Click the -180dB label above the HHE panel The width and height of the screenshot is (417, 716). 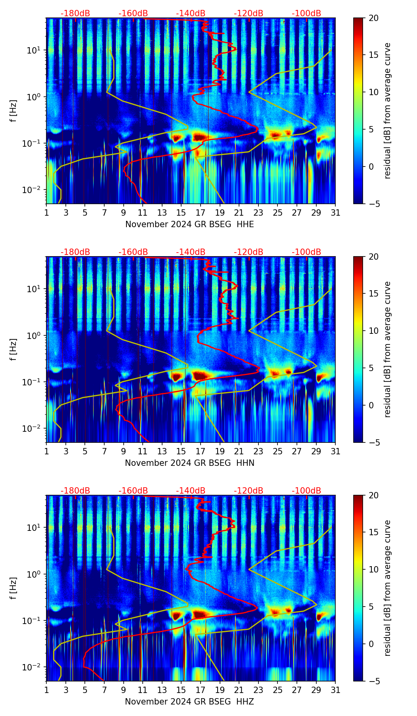pos(75,13)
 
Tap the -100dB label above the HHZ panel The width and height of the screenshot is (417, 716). pos(306,491)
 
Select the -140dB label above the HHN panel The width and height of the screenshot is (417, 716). pos(191,252)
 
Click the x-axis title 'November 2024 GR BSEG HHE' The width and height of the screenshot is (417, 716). pos(189,224)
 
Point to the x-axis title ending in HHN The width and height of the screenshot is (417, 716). pos(189,463)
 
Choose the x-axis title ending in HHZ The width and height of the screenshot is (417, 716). pos(189,702)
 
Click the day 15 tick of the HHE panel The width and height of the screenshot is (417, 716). pos(181,213)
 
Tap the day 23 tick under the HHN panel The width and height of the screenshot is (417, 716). pos(258,452)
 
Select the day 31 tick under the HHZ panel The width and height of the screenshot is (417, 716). pos(335,690)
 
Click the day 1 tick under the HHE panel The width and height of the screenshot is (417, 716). pos(46,213)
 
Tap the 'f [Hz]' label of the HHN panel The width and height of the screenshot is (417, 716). pos(14,349)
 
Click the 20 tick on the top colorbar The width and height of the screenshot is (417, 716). pos(373,18)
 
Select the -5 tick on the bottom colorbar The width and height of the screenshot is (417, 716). pos(373,681)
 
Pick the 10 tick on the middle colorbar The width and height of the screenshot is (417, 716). pos(373,331)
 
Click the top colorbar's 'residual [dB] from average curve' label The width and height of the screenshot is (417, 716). pos(388,111)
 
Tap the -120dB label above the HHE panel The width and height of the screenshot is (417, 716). pos(249,13)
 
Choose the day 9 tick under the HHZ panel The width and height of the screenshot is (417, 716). pos(123,690)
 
